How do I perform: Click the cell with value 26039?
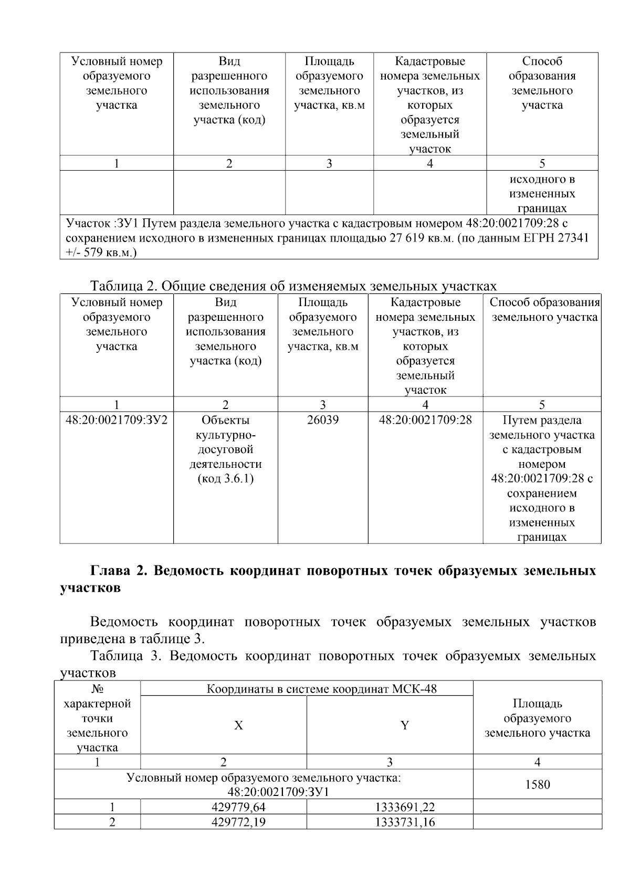coord(322,420)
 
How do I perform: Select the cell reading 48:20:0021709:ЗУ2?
coord(116,420)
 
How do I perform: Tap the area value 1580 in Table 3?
coord(537,784)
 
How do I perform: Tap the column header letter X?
coord(238,726)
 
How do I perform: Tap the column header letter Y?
coord(405,726)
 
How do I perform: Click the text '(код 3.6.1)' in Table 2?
coord(225,479)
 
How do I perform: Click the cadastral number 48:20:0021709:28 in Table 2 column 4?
coord(425,420)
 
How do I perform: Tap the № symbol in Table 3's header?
coord(97,689)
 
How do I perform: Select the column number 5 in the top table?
coord(542,163)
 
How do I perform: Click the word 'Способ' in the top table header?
coord(542,61)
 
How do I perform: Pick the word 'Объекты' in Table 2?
coord(225,420)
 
